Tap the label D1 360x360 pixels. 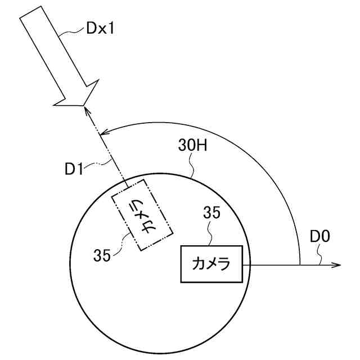(x=74, y=169)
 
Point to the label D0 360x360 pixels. (x=319, y=236)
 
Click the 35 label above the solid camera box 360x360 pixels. (x=211, y=213)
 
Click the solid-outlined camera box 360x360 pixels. (x=211, y=264)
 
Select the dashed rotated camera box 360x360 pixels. (x=142, y=215)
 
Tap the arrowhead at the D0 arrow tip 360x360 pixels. (x=337, y=265)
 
